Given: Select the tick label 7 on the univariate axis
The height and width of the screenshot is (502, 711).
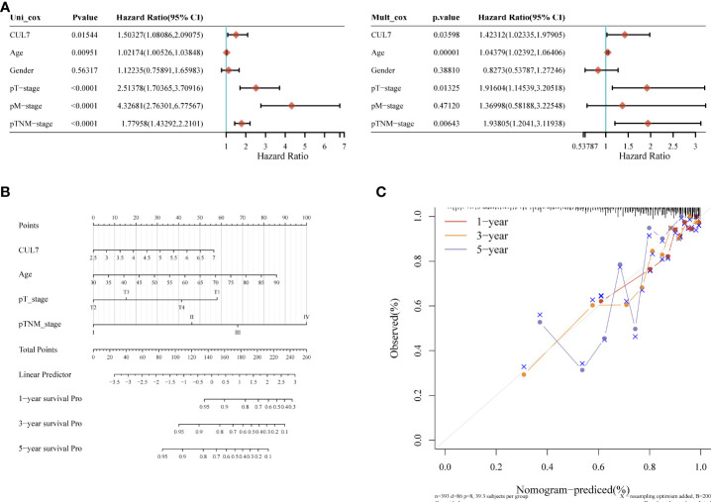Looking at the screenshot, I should pyautogui.click(x=343, y=147).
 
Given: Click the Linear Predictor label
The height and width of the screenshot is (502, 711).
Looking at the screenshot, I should pyautogui.click(x=46, y=373).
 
